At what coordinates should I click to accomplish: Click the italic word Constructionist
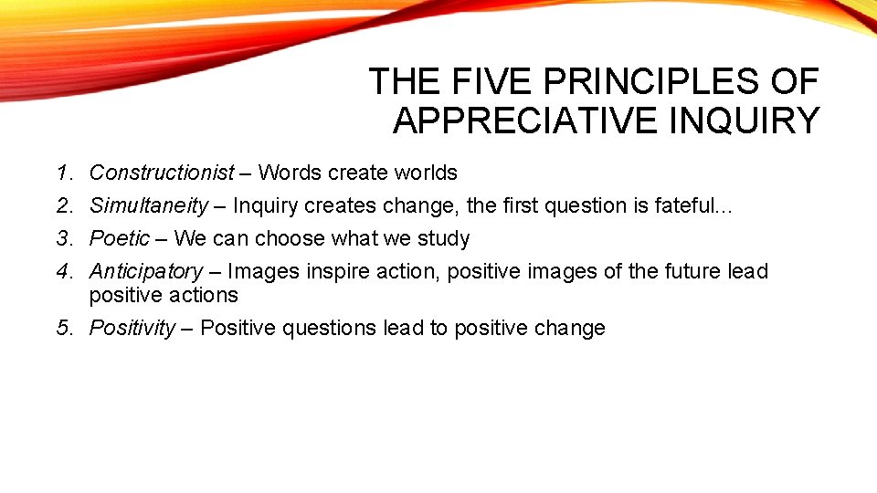point(162,173)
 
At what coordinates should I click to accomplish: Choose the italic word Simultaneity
point(154,206)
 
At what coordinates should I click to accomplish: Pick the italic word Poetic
point(119,239)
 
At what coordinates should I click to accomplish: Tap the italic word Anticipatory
point(146,272)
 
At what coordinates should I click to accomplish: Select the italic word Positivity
point(132,329)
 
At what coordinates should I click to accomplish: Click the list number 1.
point(63,173)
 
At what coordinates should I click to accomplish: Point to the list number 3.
point(63,239)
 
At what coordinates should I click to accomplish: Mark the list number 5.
point(63,329)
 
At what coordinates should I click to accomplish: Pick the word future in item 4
point(692,272)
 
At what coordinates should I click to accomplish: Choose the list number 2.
point(63,206)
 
